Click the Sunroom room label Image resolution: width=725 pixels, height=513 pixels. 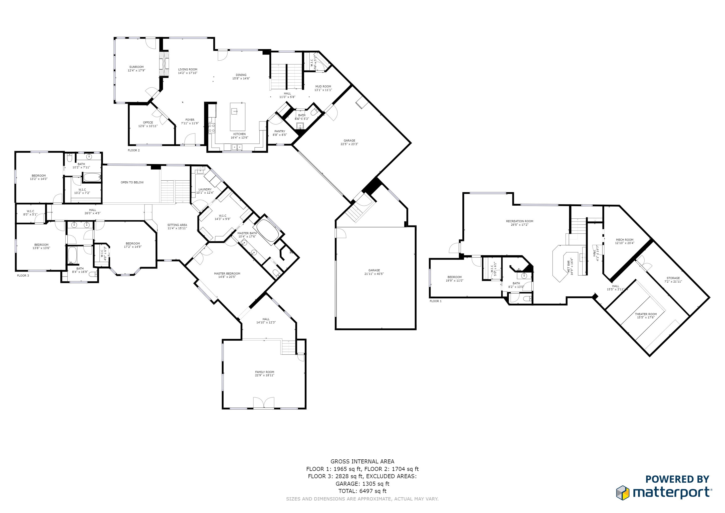(136, 69)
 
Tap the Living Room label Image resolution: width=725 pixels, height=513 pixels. (188, 71)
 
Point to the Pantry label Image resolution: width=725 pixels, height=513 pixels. (280, 133)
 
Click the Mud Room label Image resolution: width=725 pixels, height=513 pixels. (323, 88)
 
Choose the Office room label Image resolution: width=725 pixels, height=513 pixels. (148, 124)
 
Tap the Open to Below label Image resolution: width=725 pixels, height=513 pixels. (132, 182)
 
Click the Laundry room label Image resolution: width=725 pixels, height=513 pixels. (205, 191)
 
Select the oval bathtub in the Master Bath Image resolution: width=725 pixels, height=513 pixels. (267, 231)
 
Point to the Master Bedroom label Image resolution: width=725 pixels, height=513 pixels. (227, 275)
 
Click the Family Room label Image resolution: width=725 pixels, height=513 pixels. (265, 373)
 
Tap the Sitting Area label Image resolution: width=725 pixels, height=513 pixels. (177, 226)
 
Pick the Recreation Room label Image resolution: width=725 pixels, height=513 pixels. (519, 223)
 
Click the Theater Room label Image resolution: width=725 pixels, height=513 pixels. (646, 316)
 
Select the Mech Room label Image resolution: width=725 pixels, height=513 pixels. (624, 241)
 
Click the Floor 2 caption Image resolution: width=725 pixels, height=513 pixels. (134, 150)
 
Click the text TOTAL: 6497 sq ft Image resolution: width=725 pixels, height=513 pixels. (362, 491)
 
